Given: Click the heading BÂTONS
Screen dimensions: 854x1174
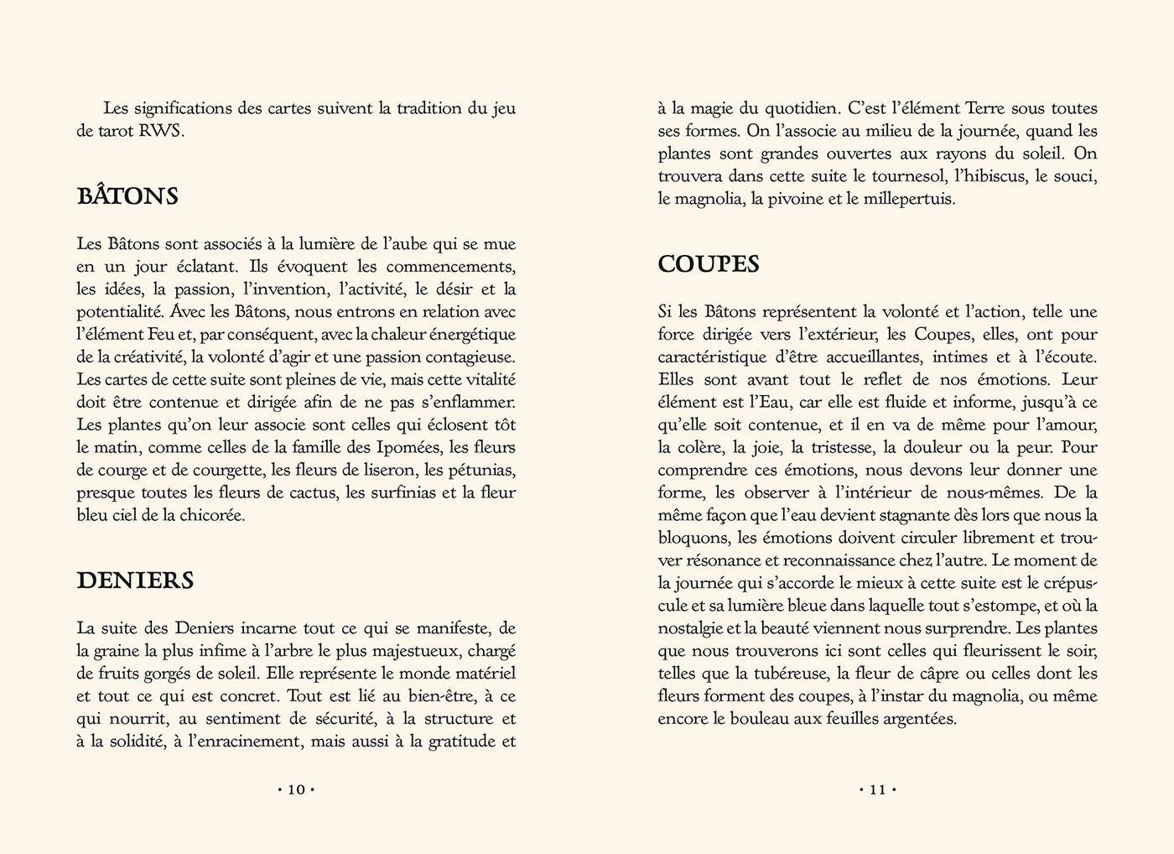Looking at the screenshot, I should [127, 196].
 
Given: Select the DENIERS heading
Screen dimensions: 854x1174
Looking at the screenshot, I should [135, 581].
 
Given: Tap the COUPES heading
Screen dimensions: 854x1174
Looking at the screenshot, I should [709, 264].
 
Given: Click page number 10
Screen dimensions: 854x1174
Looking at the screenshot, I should [296, 789].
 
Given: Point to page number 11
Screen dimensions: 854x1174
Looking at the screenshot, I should [877, 789].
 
